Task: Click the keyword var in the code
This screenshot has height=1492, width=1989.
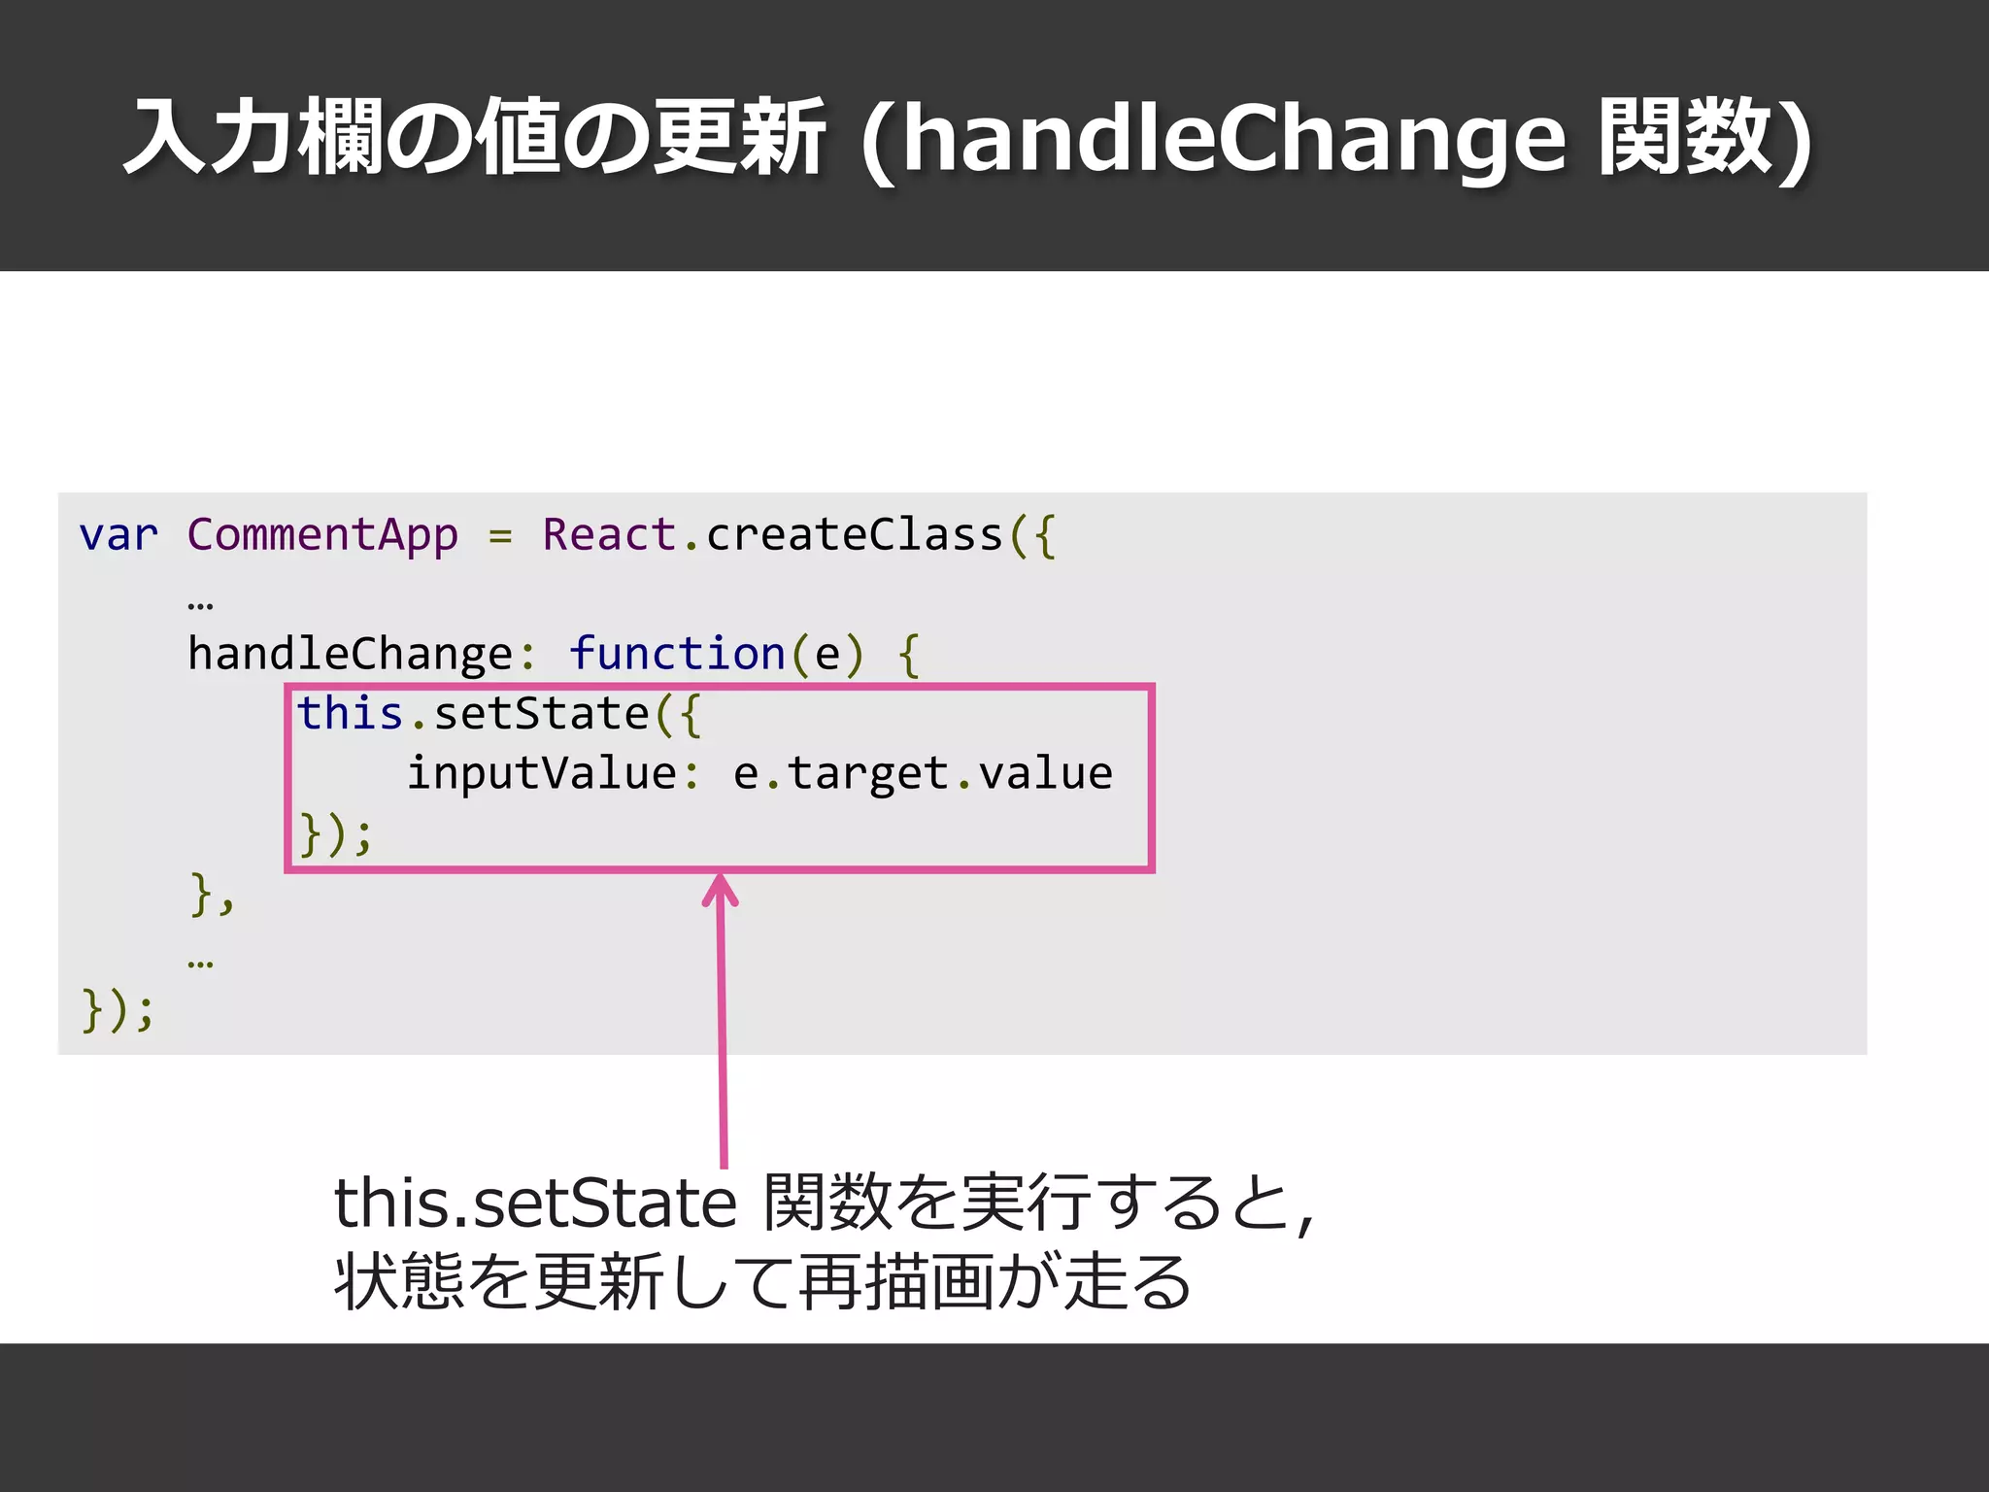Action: click(118, 535)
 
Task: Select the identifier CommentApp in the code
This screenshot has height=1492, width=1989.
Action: click(322, 535)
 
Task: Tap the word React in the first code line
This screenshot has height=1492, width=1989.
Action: click(609, 535)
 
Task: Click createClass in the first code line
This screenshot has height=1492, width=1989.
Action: click(855, 535)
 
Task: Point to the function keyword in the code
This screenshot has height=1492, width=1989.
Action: click(677, 654)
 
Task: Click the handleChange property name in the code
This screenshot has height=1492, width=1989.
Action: click(350, 654)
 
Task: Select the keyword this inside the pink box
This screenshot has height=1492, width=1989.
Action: click(350, 714)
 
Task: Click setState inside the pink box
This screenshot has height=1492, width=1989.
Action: click(541, 714)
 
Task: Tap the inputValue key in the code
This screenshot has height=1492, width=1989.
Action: click(541, 774)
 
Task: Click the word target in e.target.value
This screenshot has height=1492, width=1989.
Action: click(867, 774)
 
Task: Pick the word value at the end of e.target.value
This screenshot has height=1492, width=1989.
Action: click(1045, 774)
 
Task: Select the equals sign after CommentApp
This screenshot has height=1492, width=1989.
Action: click(500, 535)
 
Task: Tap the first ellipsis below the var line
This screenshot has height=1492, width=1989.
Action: click(200, 604)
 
